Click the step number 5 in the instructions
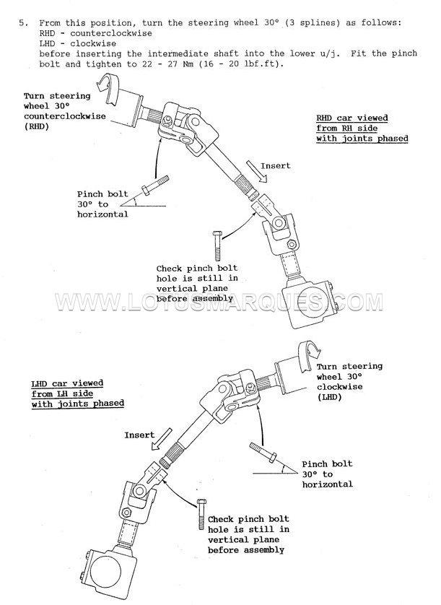pyautogui.click(x=22, y=23)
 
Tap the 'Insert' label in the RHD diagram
pyautogui.click(x=276, y=166)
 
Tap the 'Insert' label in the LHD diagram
pyautogui.click(x=139, y=435)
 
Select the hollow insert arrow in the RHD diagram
pyautogui.click(x=257, y=171)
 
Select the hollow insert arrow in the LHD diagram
pyautogui.click(x=162, y=438)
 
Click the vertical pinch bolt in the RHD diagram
pyautogui.click(x=217, y=245)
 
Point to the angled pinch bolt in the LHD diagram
pyautogui.click(x=263, y=452)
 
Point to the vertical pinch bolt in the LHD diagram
pyautogui.click(x=201, y=514)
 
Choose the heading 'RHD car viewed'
pyautogui.click(x=352, y=118)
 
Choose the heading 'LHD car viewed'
pyautogui.click(x=67, y=383)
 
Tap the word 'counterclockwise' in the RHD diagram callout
pyautogui.click(x=65, y=116)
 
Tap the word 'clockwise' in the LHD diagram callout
pyautogui.click(x=340, y=387)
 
